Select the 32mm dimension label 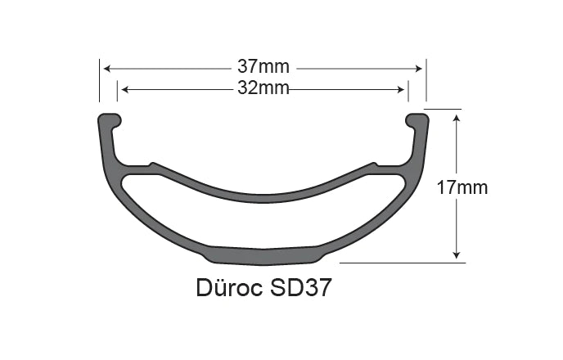click(x=263, y=88)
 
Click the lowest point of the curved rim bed click(x=263, y=197)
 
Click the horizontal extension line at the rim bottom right click(x=401, y=263)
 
